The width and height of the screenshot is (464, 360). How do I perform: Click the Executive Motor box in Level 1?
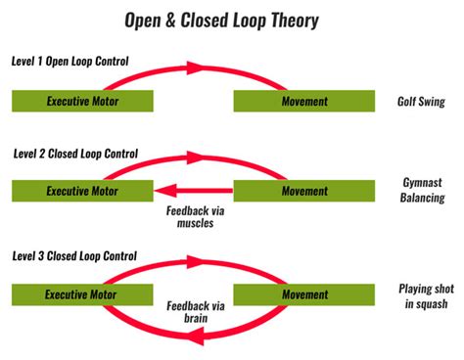pos(81,100)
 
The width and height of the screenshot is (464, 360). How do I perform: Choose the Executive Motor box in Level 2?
pos(81,191)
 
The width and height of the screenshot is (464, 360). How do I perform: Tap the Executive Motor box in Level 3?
pos(81,292)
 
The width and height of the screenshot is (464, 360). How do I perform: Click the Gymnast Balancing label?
pos(423,190)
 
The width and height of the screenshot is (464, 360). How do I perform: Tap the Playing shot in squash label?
pos(422,295)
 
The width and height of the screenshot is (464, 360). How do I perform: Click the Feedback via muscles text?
pos(197,215)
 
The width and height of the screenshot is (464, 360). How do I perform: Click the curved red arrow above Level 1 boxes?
pos(195,68)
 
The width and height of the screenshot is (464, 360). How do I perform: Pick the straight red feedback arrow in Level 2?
pos(197,191)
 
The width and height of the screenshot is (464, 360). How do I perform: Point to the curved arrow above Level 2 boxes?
pos(195,159)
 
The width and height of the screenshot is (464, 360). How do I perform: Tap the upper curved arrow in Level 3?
pos(195,259)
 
